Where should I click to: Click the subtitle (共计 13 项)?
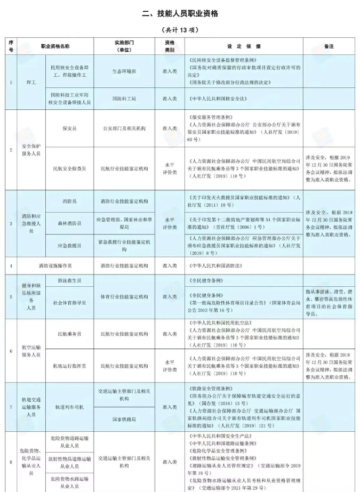[x=180, y=30]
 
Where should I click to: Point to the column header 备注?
[x=329, y=46]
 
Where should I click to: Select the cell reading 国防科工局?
[x=124, y=99]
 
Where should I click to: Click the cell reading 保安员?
[x=70, y=128]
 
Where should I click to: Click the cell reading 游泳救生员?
[x=70, y=280]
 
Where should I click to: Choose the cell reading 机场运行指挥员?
[x=70, y=366]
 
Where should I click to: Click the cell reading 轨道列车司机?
[x=70, y=407]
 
